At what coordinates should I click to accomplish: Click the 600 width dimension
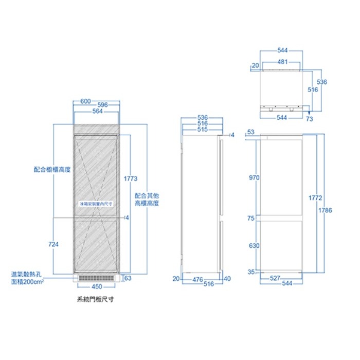(x=86, y=100)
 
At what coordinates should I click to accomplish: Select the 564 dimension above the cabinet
(x=97, y=111)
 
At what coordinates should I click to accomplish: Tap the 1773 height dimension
(x=131, y=178)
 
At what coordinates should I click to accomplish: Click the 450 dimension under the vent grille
(x=96, y=286)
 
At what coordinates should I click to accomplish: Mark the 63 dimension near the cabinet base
(x=129, y=278)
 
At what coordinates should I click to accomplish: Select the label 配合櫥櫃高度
(x=51, y=169)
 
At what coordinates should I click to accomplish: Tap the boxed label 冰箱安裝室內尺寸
(x=96, y=204)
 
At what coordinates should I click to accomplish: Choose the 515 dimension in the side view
(x=202, y=130)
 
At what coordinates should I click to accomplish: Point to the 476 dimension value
(x=197, y=279)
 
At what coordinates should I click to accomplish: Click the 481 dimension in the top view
(x=282, y=61)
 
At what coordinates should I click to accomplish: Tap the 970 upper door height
(x=254, y=177)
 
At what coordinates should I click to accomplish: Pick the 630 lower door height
(x=254, y=245)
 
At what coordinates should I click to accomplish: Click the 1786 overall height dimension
(x=325, y=210)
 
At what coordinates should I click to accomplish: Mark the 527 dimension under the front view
(x=276, y=278)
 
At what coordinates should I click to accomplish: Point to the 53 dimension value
(x=250, y=132)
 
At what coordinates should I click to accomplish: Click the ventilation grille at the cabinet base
(x=97, y=278)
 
